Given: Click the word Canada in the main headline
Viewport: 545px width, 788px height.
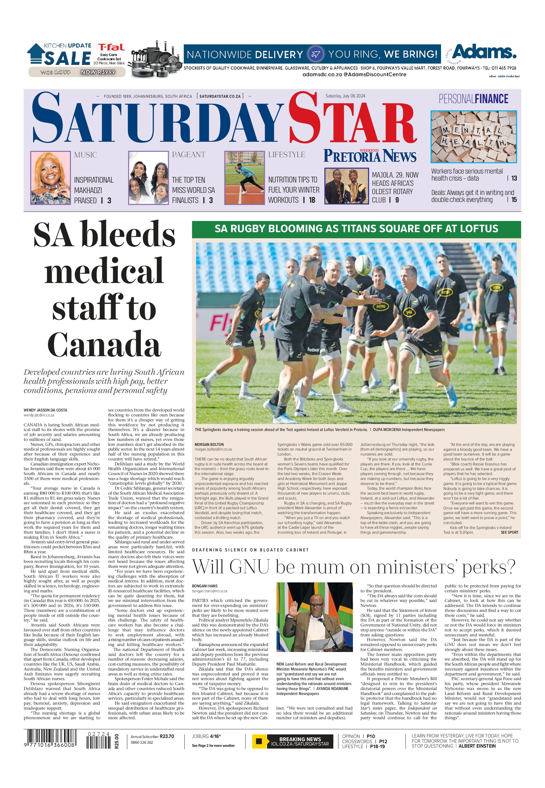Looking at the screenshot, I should (x=104, y=344).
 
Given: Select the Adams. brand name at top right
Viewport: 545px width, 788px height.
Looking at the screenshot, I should (x=484, y=52).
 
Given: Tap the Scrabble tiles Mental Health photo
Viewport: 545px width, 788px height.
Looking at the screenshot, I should (x=474, y=137).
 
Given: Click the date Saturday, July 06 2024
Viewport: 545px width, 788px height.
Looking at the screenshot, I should (x=345, y=96).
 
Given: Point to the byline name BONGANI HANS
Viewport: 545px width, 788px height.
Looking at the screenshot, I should (x=205, y=586).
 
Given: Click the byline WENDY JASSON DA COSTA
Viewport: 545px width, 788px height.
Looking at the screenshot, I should (x=45, y=410).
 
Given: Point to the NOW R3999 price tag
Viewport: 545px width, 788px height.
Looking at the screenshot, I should (x=98, y=72).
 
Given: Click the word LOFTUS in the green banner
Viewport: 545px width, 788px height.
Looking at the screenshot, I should (x=476, y=229).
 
